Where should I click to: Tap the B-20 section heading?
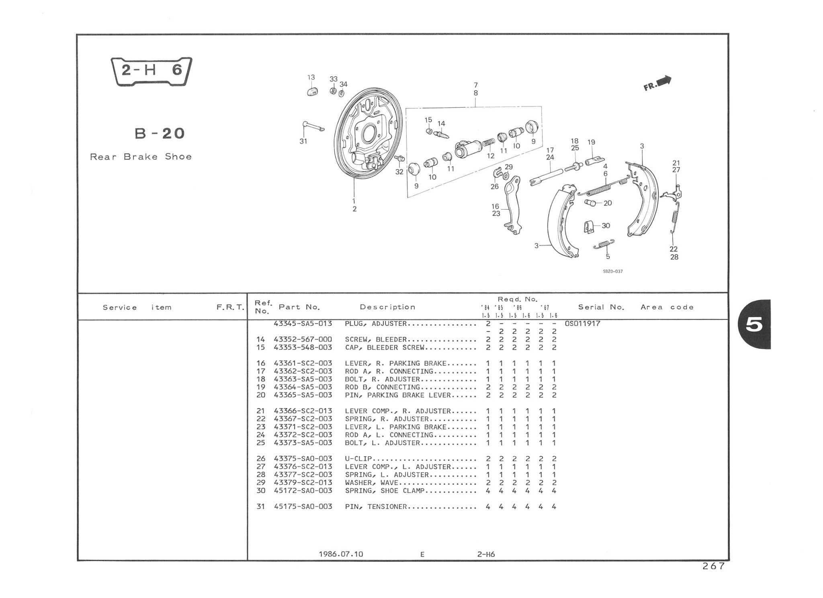pos(160,133)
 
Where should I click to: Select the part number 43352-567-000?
pos(303,340)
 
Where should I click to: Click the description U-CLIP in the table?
pos(358,459)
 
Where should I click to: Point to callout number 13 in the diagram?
pos(311,78)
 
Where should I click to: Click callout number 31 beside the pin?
pos(303,141)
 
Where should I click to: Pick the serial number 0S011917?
pos(582,324)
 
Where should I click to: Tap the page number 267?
pos(713,566)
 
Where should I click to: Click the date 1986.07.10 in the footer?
pos(341,554)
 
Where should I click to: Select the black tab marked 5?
pos(754,325)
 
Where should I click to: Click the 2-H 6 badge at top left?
pos(151,71)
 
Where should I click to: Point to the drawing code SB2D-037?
pos(612,271)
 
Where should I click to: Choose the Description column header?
pos(387,307)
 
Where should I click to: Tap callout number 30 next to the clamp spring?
pos(606,226)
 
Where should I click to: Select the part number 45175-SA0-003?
pos(303,507)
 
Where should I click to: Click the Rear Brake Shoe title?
pos(141,157)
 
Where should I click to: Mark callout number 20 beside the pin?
pos(608,203)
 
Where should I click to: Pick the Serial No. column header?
pos(601,307)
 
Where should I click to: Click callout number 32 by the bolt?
pos(399,172)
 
